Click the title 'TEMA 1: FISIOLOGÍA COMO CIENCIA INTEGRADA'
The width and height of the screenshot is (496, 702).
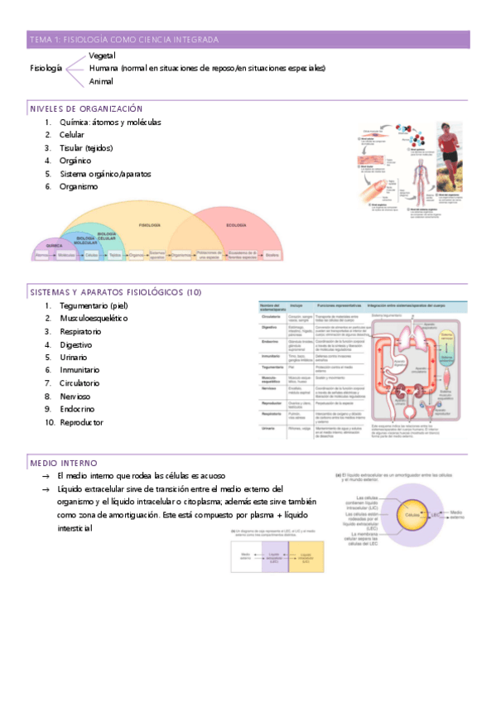click(124, 40)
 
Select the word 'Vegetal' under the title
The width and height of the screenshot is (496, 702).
click(101, 55)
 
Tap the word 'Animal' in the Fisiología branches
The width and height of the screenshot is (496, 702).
click(101, 81)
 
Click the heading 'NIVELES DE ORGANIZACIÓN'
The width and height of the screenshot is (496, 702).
click(86, 108)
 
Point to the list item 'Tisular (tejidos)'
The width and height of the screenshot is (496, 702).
click(87, 147)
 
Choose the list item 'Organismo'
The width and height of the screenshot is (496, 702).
click(79, 186)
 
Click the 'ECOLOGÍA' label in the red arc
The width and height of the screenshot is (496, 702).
click(236, 225)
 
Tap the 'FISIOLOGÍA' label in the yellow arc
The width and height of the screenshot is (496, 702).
click(150, 225)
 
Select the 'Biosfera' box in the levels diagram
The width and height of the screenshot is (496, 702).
click(272, 256)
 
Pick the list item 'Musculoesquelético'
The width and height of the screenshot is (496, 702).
click(94, 318)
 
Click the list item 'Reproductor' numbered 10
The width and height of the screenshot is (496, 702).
click(81, 422)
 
